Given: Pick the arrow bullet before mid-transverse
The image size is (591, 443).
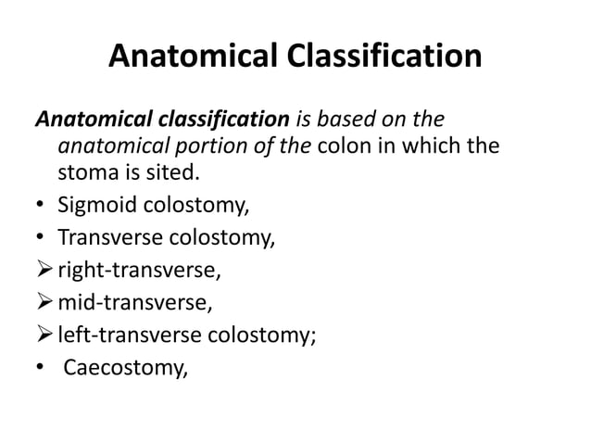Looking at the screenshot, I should pyautogui.click(x=44, y=303).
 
